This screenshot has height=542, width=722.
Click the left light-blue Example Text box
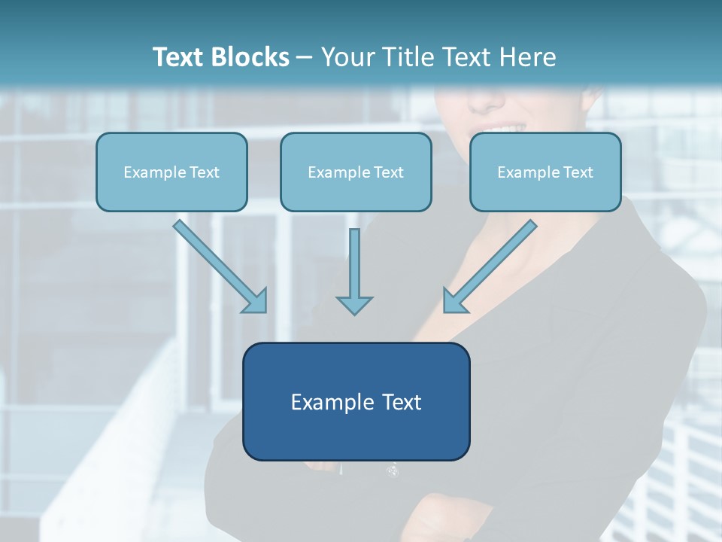171,172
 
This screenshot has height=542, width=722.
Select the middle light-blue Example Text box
356,172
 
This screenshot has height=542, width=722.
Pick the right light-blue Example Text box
545,172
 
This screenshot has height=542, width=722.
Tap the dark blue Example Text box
356,401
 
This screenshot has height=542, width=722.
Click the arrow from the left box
218,264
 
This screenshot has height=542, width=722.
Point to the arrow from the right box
492,265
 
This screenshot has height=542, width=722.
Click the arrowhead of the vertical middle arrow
354,304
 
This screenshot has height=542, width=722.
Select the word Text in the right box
578,172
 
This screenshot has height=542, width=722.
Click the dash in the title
305,58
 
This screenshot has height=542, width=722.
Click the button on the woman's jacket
392,471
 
